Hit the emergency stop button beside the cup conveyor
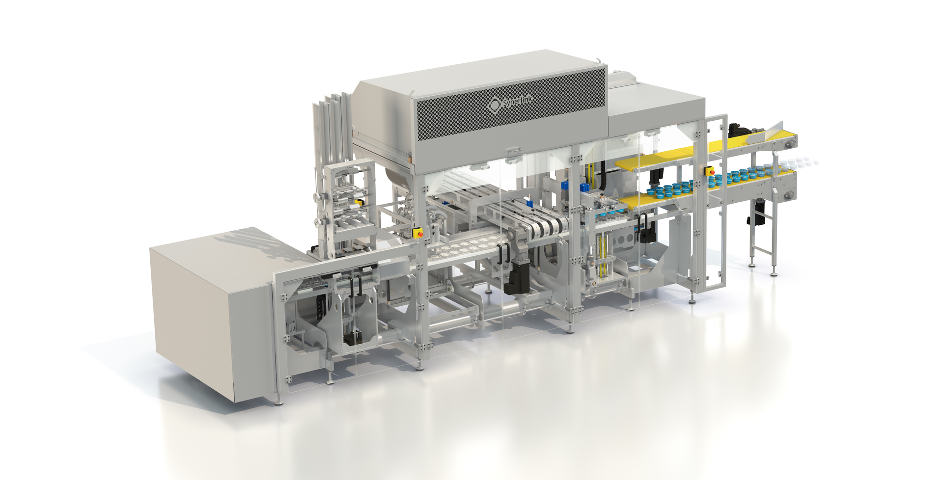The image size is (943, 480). [709, 171]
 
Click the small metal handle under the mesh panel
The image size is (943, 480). [512, 149]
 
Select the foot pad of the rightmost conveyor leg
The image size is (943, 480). [774, 274]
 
